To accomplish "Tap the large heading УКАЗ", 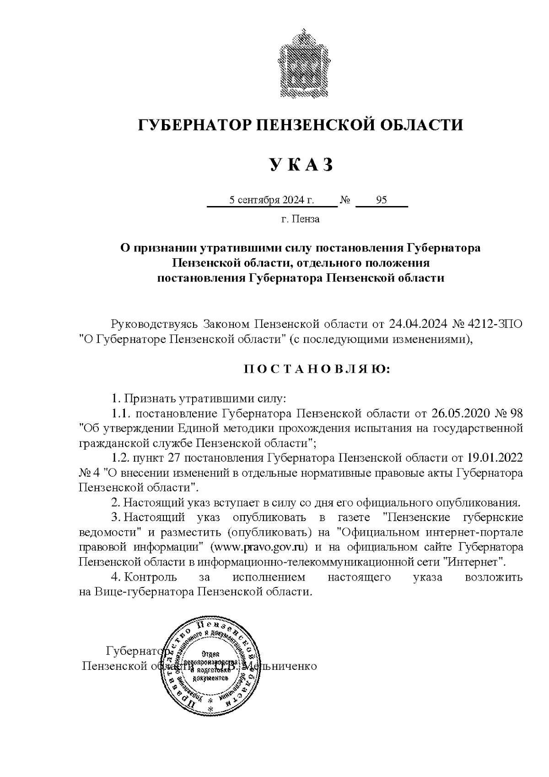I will (x=301, y=164).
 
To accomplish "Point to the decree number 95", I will (x=381, y=200).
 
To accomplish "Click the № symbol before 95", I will (x=345, y=200).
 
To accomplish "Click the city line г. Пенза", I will (x=300, y=219).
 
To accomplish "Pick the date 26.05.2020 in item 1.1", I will (x=460, y=413).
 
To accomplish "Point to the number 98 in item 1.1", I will (x=516, y=413).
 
